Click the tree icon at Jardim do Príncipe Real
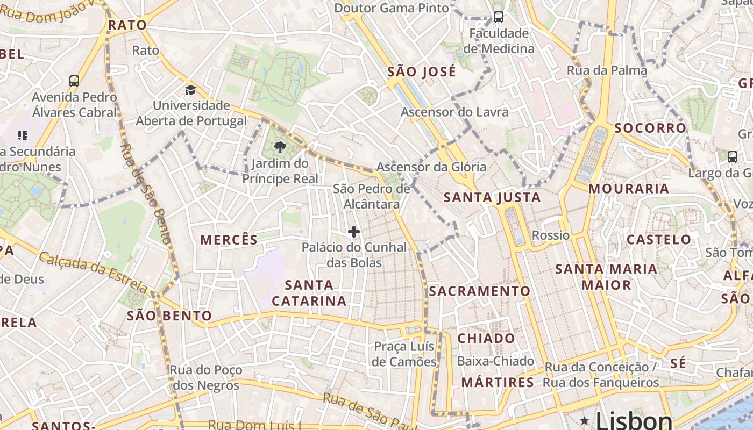[280, 147]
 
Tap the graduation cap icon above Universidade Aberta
[190, 90]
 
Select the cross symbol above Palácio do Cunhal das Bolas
[353, 232]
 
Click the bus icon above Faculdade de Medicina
[499, 17]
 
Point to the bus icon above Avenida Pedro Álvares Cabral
[74, 81]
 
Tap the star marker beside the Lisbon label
[585, 419]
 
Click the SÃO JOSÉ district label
[422, 71]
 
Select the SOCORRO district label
[650, 128]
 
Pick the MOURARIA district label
[628, 189]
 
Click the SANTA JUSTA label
[492, 197]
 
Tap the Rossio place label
[550, 235]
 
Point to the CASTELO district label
[659, 239]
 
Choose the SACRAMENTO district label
[479, 291]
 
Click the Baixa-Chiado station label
[495, 361]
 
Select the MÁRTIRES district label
[498, 383]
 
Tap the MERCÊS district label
[229, 240]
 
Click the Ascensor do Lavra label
[454, 112]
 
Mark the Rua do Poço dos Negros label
[205, 378]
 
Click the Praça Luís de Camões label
[404, 354]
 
